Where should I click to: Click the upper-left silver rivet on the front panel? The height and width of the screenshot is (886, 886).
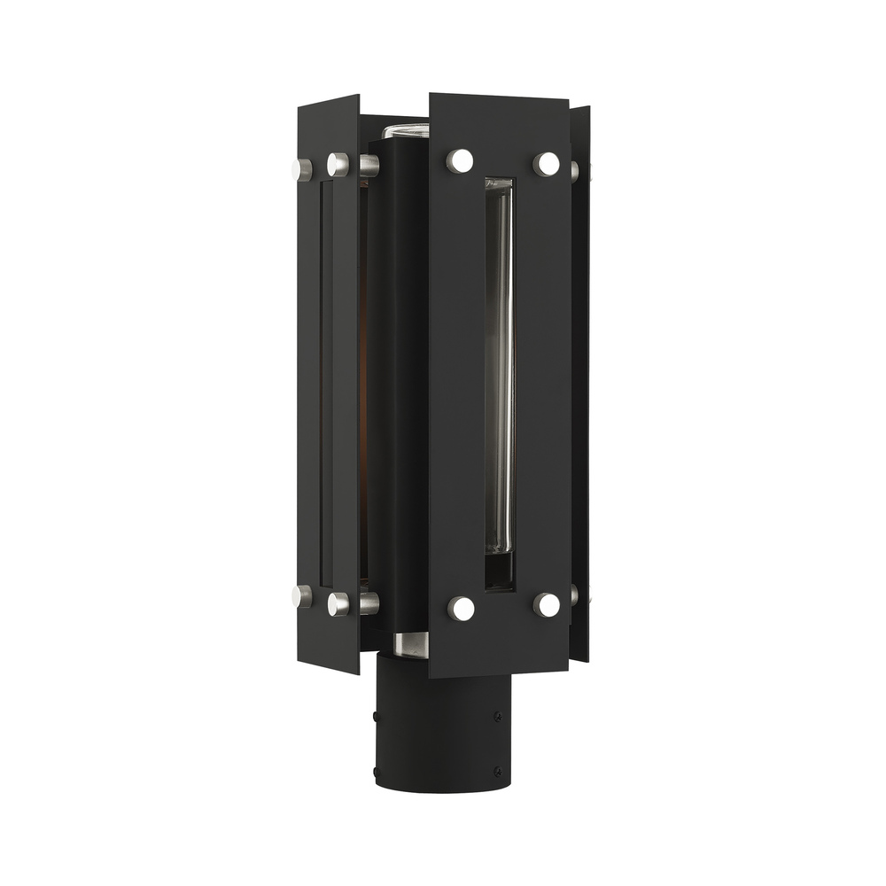pyautogui.click(x=460, y=161)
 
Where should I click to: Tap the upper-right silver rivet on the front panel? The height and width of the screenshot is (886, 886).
pyautogui.click(x=547, y=164)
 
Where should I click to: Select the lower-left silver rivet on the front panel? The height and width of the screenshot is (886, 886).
pyautogui.click(x=461, y=608)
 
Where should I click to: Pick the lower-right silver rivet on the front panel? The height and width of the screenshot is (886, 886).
pyautogui.click(x=548, y=605)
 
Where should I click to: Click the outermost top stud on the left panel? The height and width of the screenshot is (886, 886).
pyautogui.click(x=303, y=168)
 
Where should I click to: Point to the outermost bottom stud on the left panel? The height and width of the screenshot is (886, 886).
pyautogui.click(x=303, y=596)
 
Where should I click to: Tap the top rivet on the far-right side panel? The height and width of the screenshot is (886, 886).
pyautogui.click(x=575, y=170)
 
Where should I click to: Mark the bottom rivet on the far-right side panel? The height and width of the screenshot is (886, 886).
pyautogui.click(x=575, y=594)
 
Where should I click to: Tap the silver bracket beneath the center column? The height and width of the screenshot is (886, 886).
pyautogui.click(x=410, y=645)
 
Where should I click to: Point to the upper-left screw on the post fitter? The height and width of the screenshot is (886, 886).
pyautogui.click(x=377, y=712)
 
